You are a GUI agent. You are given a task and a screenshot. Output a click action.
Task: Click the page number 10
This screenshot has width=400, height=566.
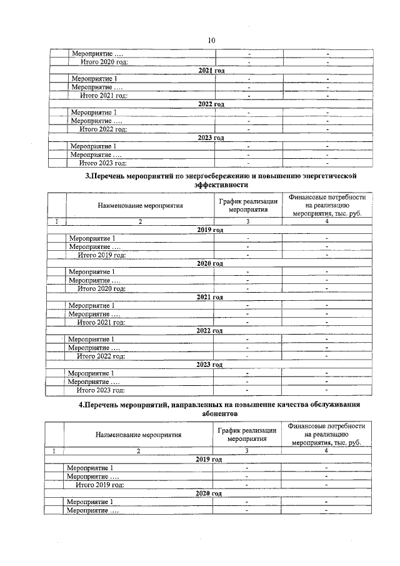(x=211, y=40)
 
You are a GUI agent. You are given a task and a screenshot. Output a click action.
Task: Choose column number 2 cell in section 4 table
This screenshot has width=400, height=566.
(x=139, y=450)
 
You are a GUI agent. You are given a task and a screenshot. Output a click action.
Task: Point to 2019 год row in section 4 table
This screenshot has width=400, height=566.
(x=209, y=459)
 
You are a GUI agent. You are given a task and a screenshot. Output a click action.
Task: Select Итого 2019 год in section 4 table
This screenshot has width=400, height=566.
(x=100, y=485)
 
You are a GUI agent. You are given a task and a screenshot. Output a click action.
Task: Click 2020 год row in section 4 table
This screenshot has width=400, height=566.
(x=209, y=493)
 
